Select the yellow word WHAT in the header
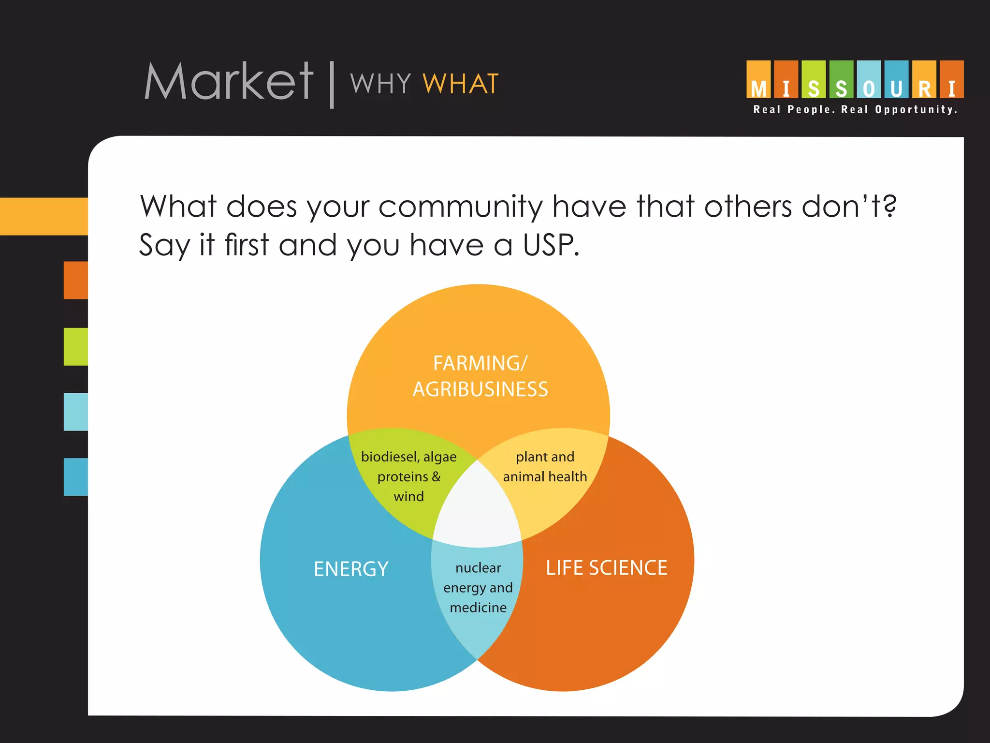[x=460, y=84]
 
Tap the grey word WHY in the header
[x=380, y=84]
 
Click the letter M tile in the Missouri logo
[x=758, y=80]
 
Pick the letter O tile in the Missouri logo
[x=869, y=80]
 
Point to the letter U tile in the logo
[x=896, y=80]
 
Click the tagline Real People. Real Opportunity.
[x=855, y=110]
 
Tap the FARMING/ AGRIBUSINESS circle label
[x=480, y=376]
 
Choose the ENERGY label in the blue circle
[x=351, y=569]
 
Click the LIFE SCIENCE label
[x=606, y=568]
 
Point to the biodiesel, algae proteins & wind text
[x=409, y=476]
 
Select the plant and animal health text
[x=545, y=467]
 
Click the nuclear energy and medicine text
[x=478, y=587]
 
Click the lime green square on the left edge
[x=76, y=346]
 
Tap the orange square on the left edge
[x=76, y=280]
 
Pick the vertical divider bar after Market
[x=332, y=84]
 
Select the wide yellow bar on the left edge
[x=44, y=216]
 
